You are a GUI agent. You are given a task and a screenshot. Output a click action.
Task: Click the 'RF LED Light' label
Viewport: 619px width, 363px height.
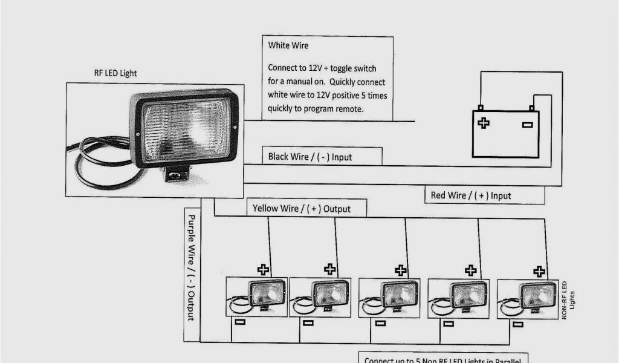115,73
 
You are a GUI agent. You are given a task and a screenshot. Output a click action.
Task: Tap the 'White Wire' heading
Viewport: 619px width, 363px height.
288,45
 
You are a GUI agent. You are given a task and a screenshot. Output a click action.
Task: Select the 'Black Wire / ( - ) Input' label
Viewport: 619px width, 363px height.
309,157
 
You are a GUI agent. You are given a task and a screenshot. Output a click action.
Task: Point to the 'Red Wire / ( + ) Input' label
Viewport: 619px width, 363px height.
470,195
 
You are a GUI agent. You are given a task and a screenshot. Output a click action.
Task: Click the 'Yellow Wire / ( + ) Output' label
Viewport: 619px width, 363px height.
301,209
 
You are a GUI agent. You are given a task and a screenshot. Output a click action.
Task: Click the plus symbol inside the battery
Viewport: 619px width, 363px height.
484,123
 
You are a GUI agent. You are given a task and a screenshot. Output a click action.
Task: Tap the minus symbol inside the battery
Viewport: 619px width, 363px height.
528,126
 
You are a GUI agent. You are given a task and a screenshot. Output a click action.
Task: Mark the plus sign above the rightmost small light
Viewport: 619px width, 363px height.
539,271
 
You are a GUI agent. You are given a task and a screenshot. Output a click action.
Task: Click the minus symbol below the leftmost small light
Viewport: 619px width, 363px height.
240,323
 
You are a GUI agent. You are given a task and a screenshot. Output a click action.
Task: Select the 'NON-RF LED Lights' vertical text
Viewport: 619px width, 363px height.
568,299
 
